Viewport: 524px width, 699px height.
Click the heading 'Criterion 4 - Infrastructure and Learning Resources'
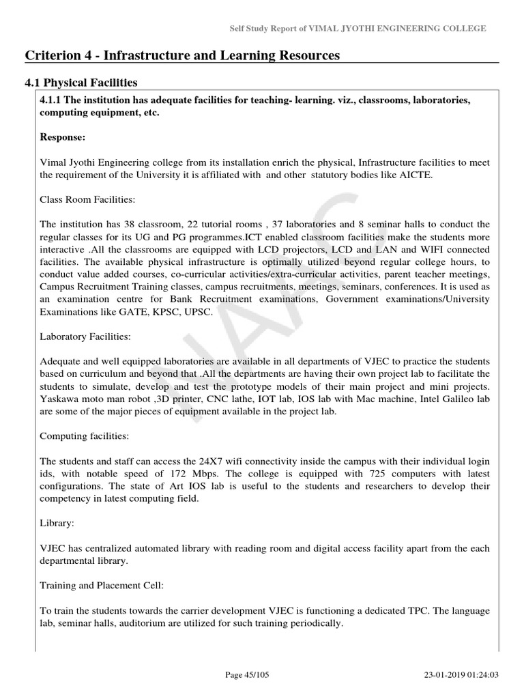pyautogui.click(x=182, y=55)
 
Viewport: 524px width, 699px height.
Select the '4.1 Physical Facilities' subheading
pyautogui.click(x=81, y=83)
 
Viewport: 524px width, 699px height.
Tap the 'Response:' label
pyautogui.click(x=63, y=137)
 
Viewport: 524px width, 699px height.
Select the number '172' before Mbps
pyautogui.click(x=179, y=473)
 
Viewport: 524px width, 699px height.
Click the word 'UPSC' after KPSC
pyautogui.click(x=199, y=311)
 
